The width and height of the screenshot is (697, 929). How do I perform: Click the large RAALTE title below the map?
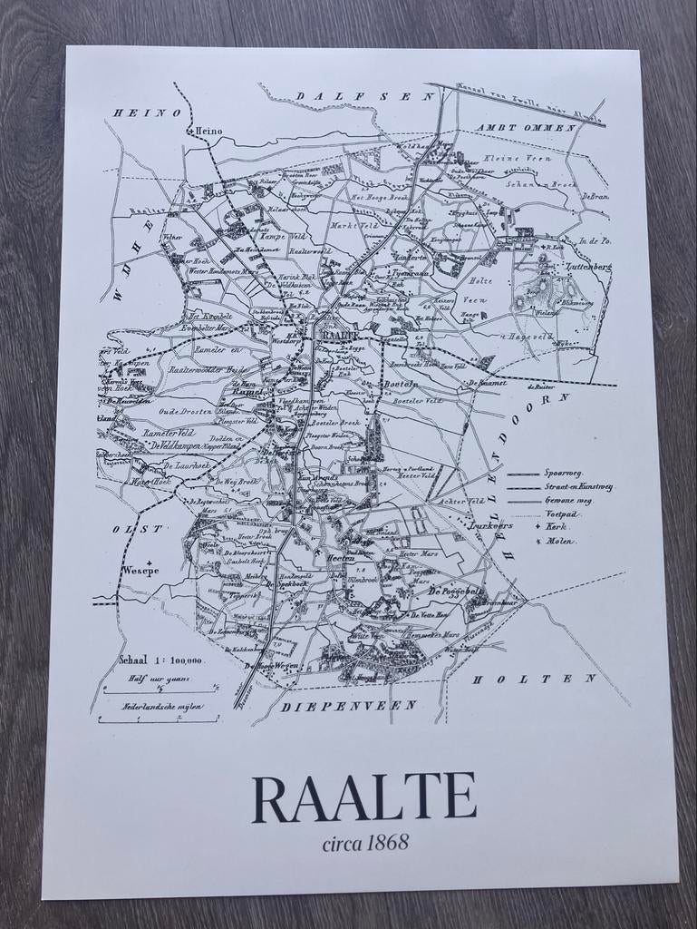(363, 798)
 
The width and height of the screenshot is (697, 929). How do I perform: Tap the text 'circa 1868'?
(364, 843)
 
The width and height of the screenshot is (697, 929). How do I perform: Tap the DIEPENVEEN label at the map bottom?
(348, 705)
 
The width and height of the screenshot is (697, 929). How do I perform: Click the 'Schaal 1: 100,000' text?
(161, 660)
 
